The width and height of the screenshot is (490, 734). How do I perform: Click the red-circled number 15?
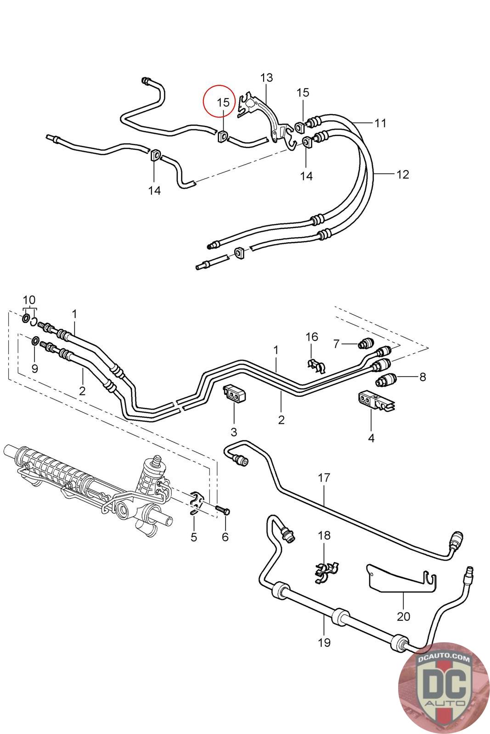(223, 103)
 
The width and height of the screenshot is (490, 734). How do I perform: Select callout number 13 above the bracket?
(266, 78)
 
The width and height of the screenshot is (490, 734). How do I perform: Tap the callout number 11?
(380, 123)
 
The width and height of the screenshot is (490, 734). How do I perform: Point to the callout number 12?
(403, 174)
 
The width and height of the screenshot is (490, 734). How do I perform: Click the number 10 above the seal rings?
(29, 300)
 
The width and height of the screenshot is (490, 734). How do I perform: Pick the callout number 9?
(35, 369)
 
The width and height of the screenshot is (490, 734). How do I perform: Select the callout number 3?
(234, 432)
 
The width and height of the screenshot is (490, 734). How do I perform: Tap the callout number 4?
(371, 438)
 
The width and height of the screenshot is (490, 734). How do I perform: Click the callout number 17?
(324, 478)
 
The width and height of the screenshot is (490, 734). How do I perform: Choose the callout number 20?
(403, 617)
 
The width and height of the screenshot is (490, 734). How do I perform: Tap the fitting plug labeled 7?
(366, 343)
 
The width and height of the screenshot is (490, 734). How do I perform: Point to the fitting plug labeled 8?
(386, 379)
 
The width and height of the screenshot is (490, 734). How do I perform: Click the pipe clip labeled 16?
(316, 366)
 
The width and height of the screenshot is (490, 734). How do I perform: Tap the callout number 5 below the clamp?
(194, 537)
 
